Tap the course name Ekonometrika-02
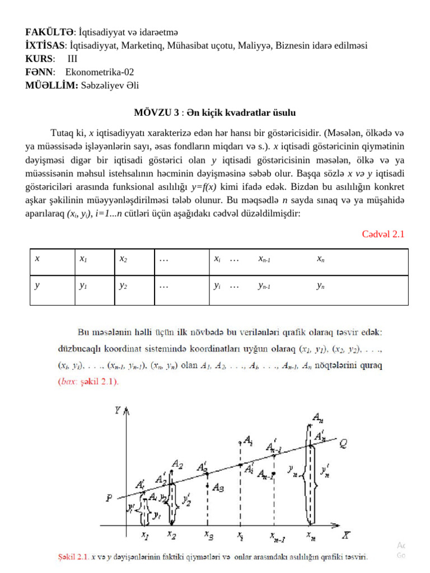[100, 72]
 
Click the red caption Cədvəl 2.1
[383, 234]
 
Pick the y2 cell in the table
[123, 285]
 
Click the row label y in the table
[37, 285]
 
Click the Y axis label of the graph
[118, 411]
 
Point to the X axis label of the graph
[347, 536]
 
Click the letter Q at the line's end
[343, 443]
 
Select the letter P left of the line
[109, 497]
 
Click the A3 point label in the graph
[219, 487]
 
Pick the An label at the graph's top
[316, 417]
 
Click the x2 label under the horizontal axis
[172, 534]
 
